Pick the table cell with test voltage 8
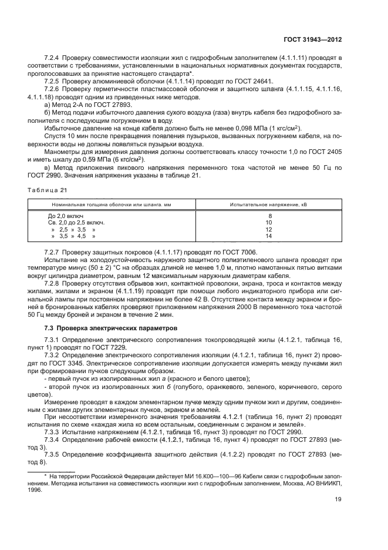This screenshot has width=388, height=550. tap(269, 216)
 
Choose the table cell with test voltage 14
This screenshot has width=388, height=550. tap(269, 236)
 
